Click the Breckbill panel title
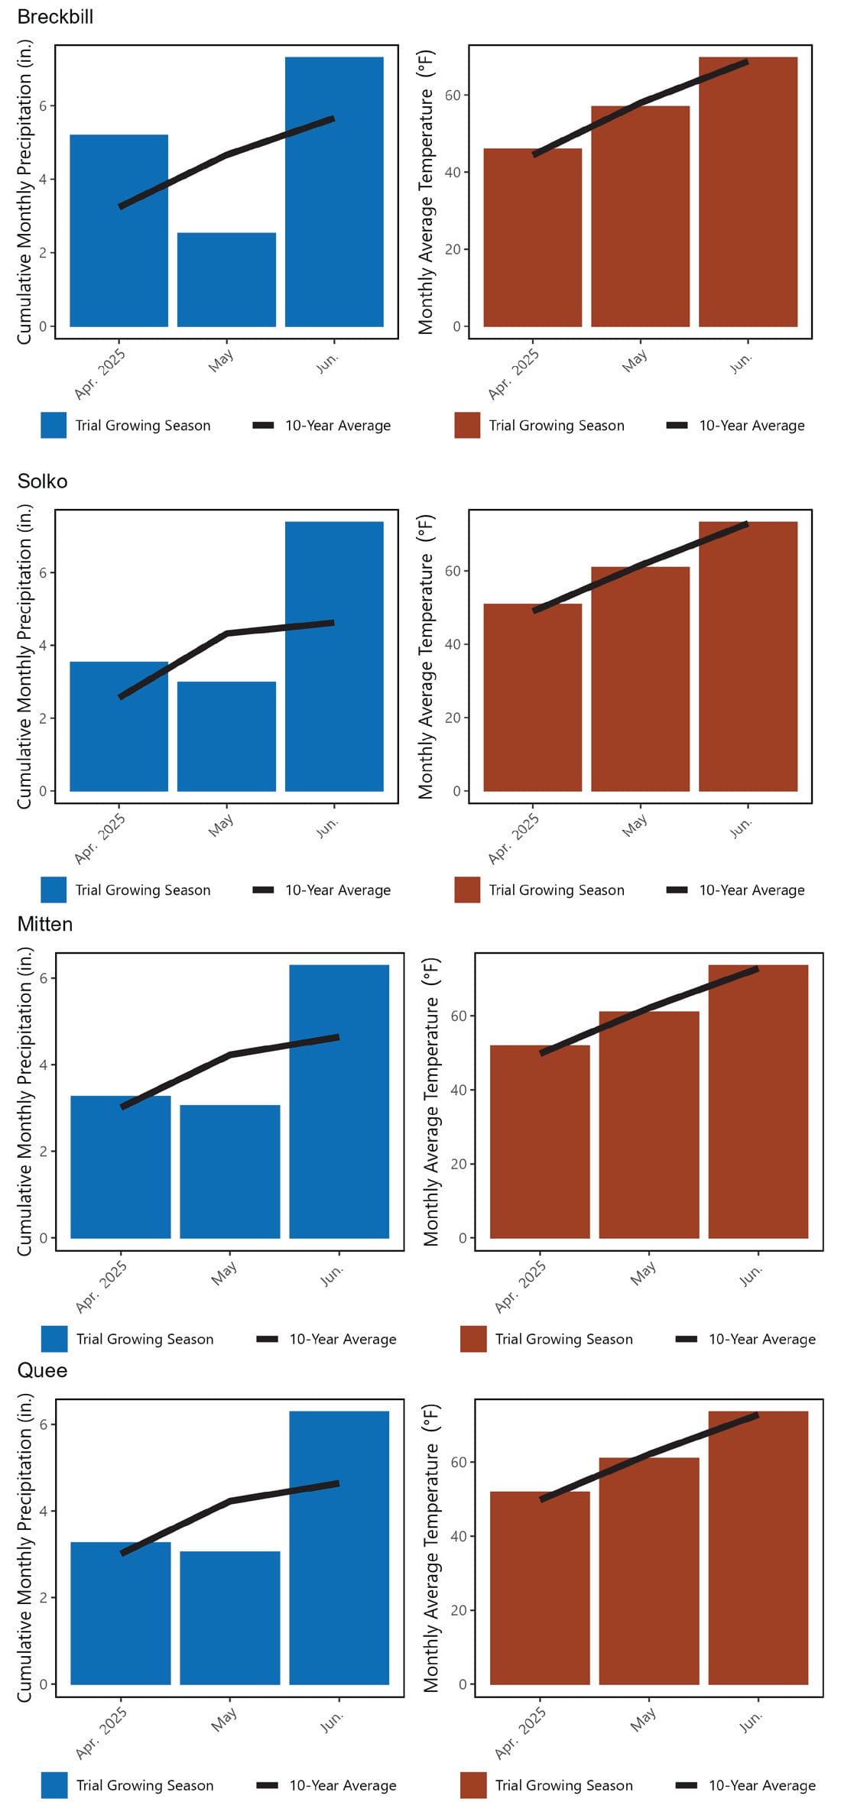coord(55,17)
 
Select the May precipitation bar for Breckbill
coord(226,280)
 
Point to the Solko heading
coord(42,481)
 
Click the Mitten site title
coord(45,924)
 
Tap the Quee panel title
coord(42,1370)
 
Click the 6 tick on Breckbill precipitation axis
coord(44,105)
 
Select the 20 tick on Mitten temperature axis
coord(459,1164)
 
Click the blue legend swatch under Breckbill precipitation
coord(54,426)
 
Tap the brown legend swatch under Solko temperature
coord(467,890)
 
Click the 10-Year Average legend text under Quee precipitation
coord(343,1785)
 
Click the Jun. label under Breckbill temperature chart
coord(740,363)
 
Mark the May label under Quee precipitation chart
coord(223,1720)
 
